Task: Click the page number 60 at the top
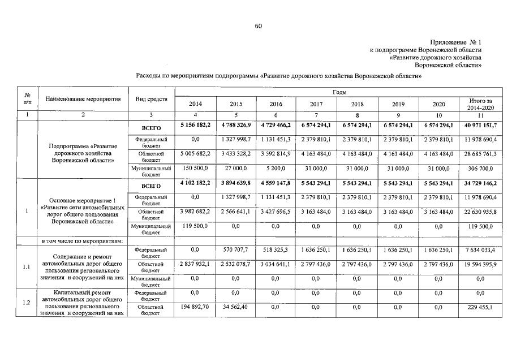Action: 258,26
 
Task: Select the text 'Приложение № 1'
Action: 455,43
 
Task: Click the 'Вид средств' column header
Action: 152,100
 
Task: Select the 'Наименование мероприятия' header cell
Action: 83,100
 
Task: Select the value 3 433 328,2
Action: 236,153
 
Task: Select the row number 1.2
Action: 26,303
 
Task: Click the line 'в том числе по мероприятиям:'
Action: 80,240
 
